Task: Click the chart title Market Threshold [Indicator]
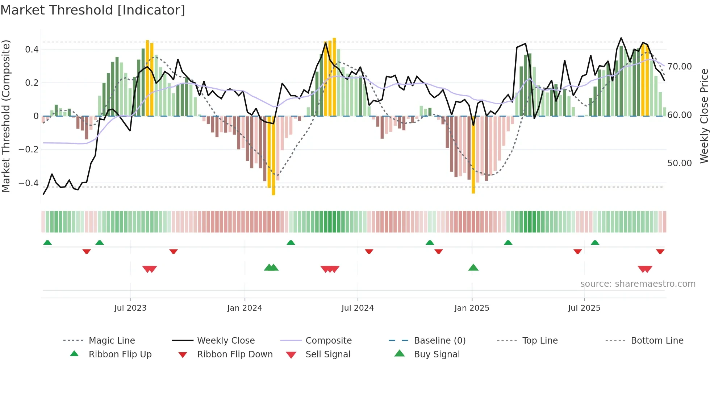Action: point(93,10)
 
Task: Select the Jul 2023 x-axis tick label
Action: point(130,308)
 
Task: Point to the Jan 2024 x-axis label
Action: point(245,308)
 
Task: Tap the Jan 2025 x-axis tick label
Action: point(472,308)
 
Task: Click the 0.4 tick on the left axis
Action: point(32,50)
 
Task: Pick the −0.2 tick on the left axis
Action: point(29,150)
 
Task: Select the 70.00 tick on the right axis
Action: point(680,67)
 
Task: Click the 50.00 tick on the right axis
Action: point(680,163)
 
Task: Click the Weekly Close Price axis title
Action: point(704,116)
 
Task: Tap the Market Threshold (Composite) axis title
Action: point(6,116)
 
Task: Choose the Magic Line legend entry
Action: point(112,341)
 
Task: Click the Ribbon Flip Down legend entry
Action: point(235,354)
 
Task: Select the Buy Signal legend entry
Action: point(437,354)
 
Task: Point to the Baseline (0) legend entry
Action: point(439,341)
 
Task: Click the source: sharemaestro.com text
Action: point(638,284)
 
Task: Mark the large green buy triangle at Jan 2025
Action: point(473,268)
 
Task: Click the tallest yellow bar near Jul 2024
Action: point(334,77)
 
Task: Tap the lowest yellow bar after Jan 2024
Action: point(273,156)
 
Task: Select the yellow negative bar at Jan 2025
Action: point(473,155)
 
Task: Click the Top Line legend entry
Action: point(540,341)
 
